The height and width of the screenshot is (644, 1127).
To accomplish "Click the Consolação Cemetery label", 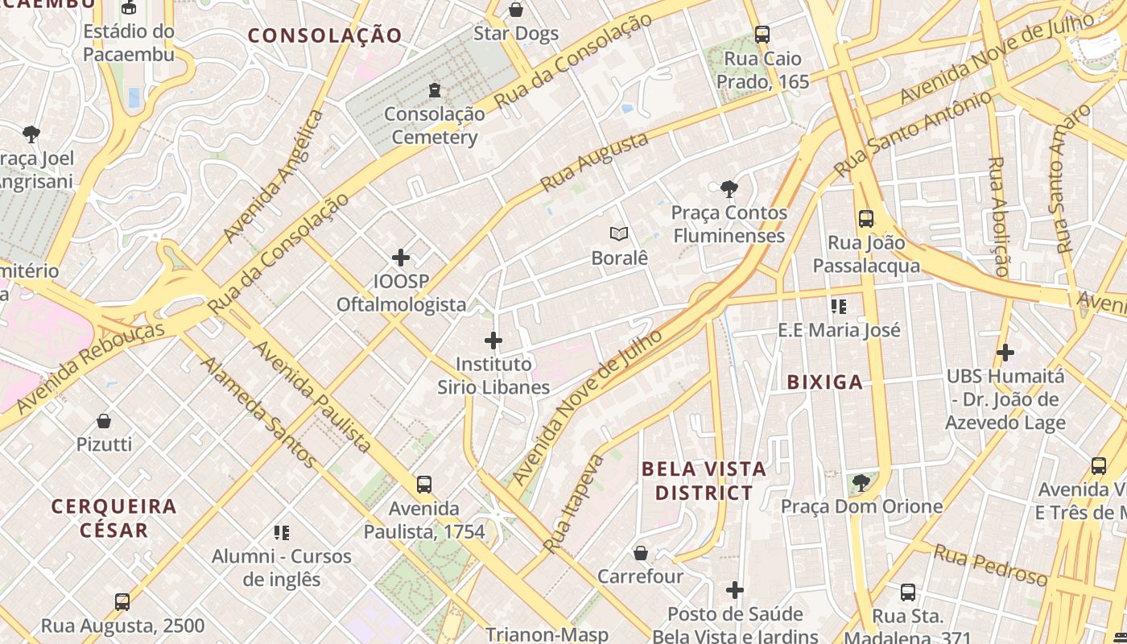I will (435, 126).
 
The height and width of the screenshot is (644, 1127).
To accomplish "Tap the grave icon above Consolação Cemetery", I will (435, 89).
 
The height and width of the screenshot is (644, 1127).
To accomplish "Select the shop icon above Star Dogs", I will (516, 10).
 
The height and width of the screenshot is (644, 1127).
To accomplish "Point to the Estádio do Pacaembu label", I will (129, 43).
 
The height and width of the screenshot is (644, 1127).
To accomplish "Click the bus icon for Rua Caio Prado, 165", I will (762, 35).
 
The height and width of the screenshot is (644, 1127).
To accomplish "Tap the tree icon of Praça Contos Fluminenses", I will (729, 189).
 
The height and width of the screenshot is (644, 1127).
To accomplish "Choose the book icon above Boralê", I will (619, 234).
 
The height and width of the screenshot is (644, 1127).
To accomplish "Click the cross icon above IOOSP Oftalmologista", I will (401, 258).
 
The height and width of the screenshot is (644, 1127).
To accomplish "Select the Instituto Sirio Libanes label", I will (493, 376).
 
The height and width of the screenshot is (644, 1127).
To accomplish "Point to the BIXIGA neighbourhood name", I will (825, 382).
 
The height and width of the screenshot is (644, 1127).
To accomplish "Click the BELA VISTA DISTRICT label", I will (704, 481).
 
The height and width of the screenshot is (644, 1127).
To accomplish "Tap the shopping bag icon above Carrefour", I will (641, 553).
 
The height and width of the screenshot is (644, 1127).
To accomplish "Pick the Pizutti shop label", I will (104, 444).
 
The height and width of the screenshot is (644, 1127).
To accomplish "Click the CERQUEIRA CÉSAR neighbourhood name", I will (114, 518).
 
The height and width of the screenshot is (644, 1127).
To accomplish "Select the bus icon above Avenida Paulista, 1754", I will (424, 485).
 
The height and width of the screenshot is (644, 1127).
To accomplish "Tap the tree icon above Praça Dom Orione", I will (861, 483).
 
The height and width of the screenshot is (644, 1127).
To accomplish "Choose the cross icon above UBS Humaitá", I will (1005, 353).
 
